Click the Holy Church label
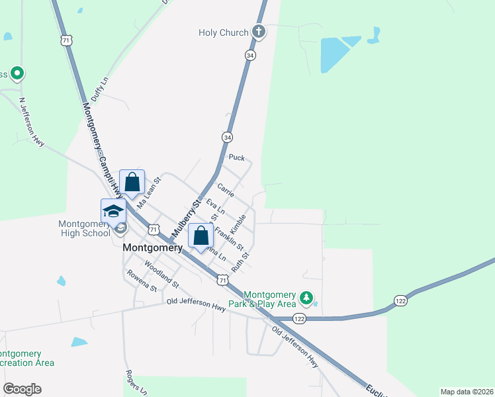click(x=224, y=32)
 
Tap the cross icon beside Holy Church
click(x=258, y=31)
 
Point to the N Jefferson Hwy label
click(x=31, y=123)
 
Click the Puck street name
click(x=236, y=157)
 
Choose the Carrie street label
click(x=226, y=188)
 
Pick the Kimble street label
click(x=239, y=223)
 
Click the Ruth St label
click(x=240, y=263)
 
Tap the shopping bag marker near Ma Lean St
click(x=132, y=182)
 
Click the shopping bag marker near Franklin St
click(x=201, y=236)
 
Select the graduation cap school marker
click(x=113, y=211)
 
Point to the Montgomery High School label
click(x=85, y=228)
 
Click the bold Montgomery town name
click(x=153, y=248)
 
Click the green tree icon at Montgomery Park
click(x=306, y=298)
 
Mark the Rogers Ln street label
click(x=136, y=378)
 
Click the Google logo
click(x=22, y=389)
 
